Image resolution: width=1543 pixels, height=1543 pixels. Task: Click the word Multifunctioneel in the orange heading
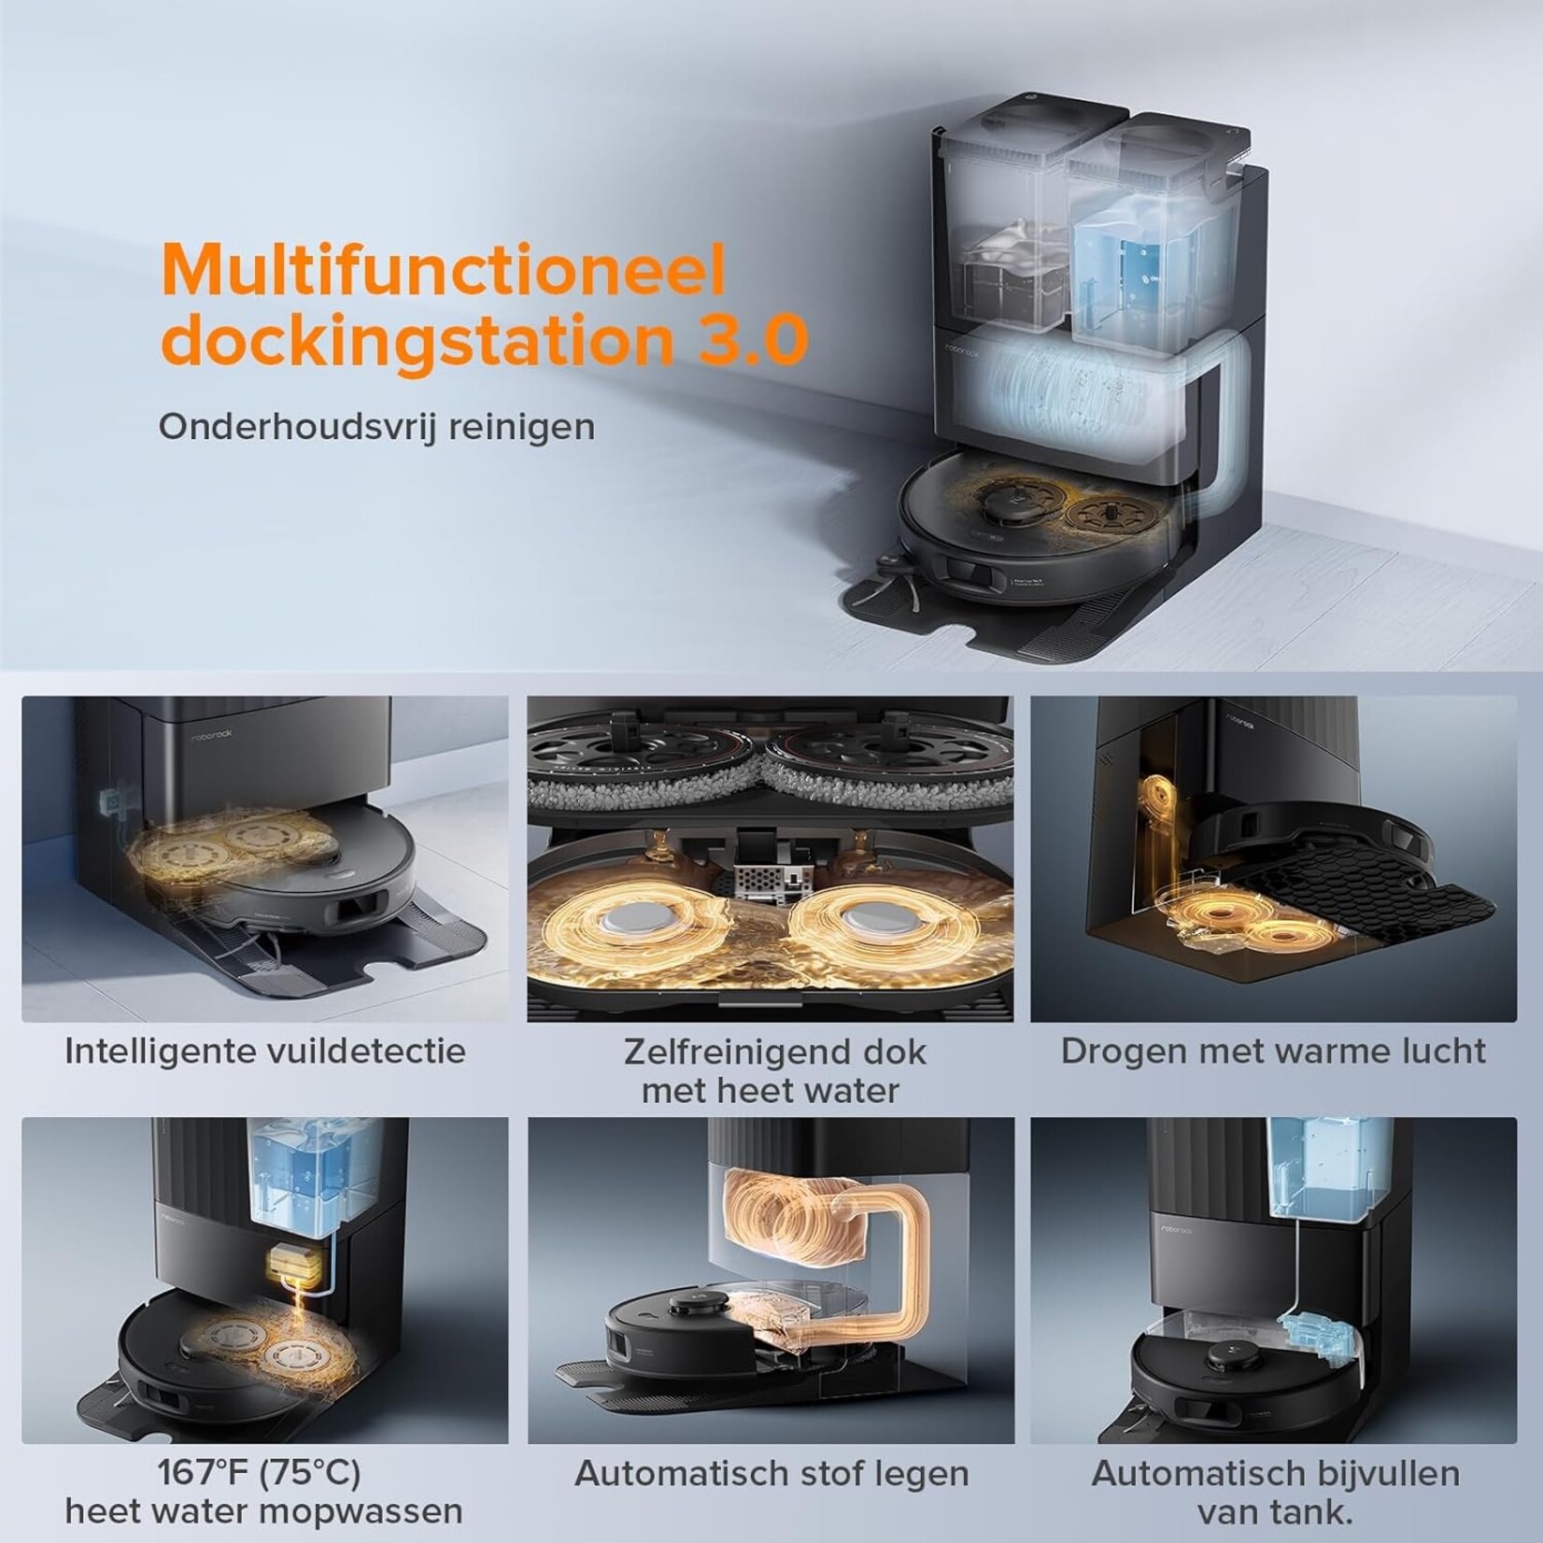(x=445, y=270)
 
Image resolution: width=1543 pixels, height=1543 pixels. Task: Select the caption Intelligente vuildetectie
(x=265, y=1051)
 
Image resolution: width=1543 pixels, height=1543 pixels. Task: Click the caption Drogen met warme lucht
(x=1273, y=1051)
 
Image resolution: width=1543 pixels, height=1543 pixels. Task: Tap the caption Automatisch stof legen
(x=771, y=1474)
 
